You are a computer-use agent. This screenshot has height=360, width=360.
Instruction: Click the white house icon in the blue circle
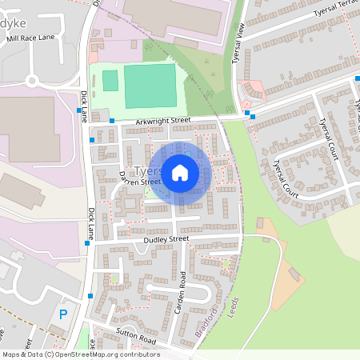tap(180, 172)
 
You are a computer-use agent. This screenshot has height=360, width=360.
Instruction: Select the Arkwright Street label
tap(163, 121)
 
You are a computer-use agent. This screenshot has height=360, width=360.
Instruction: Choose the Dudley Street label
tap(166, 238)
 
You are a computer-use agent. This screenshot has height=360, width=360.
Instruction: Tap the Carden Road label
tap(182, 290)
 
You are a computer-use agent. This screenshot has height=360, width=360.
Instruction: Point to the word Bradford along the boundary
tap(206, 319)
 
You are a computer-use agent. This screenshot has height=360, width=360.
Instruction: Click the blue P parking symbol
tap(63, 314)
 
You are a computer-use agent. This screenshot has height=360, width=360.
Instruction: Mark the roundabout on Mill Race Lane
tap(33, 80)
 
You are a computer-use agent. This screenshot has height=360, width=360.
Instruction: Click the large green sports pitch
tap(150, 86)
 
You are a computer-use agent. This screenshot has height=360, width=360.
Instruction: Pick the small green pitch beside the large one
tap(110, 80)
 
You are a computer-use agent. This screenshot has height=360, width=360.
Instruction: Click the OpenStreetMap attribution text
tap(80, 354)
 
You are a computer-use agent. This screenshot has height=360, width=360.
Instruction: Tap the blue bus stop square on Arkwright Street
tap(112, 121)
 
